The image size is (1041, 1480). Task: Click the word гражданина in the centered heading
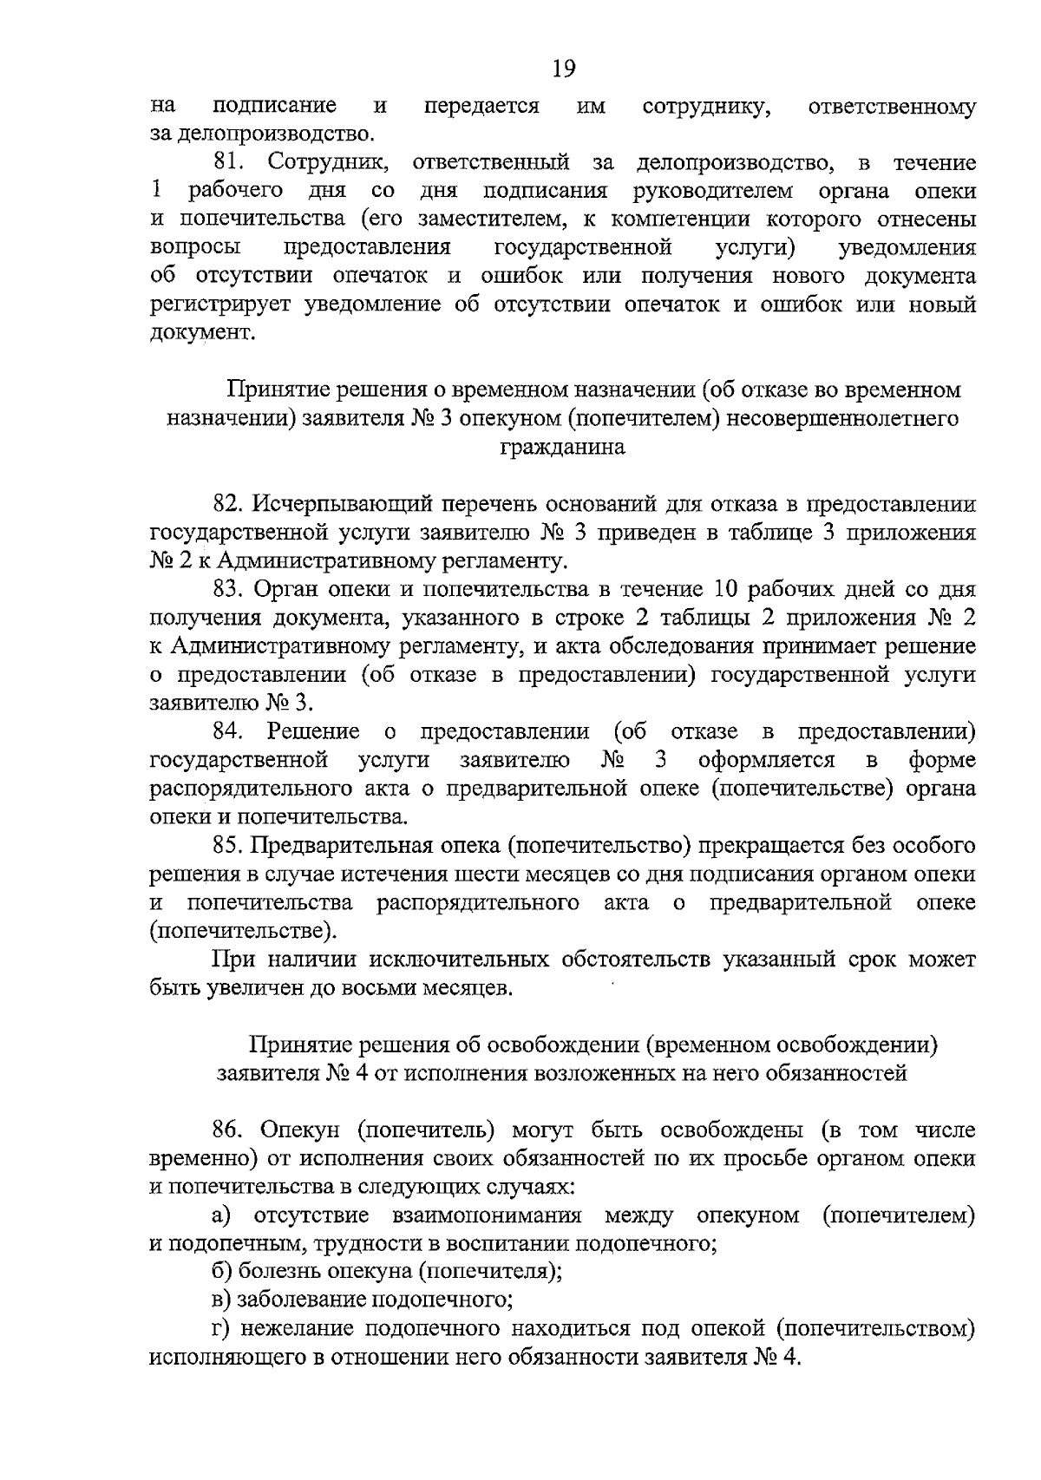563,448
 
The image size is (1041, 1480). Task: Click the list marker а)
220,1215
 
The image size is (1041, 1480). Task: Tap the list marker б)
221,1272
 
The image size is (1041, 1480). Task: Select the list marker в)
220,1300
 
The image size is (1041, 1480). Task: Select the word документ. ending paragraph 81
203,334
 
